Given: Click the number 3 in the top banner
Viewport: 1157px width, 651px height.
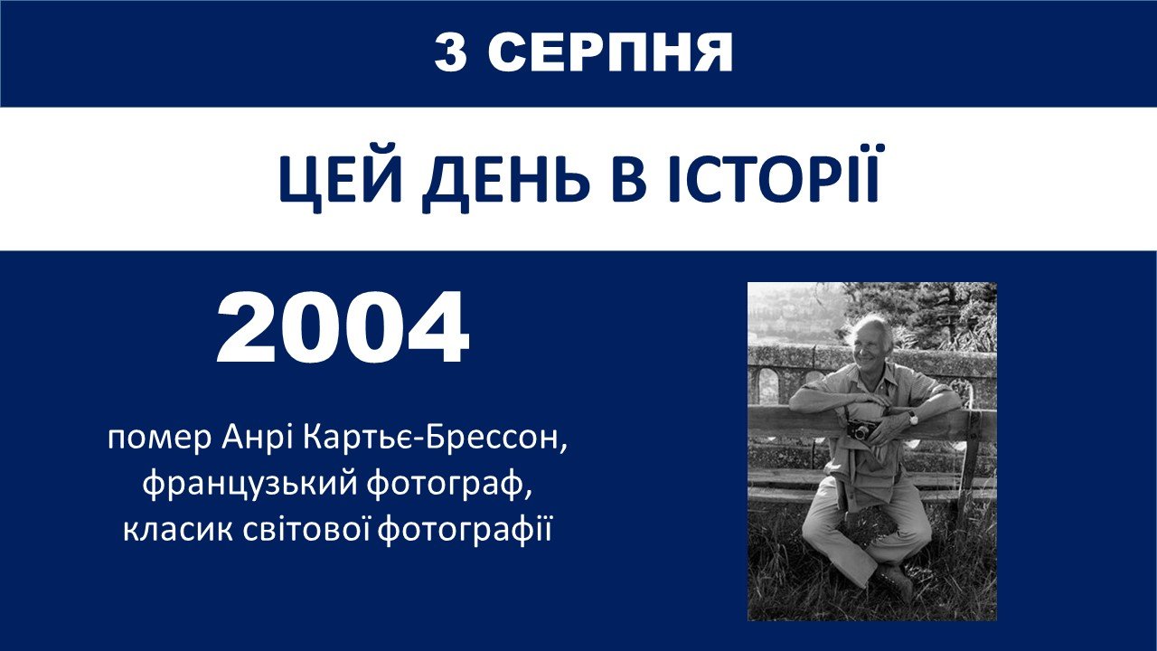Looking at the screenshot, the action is point(451,52).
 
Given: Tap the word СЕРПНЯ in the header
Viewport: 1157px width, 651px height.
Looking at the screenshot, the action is point(610,52).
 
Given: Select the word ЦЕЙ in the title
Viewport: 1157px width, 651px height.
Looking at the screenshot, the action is point(340,179).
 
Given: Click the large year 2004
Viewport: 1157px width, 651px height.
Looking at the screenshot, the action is point(343,327).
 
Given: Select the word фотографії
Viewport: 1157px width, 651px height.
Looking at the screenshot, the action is point(465,531).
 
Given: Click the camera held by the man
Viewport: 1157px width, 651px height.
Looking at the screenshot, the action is point(860,429).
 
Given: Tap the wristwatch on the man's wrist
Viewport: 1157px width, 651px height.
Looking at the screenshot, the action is point(913,417).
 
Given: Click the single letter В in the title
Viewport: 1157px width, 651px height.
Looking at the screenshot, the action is point(629,179).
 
